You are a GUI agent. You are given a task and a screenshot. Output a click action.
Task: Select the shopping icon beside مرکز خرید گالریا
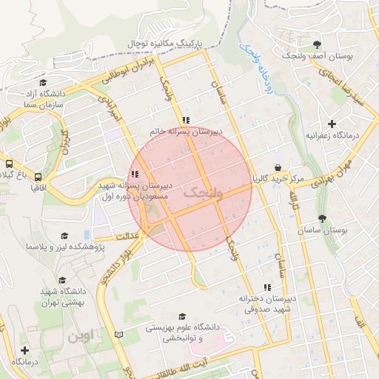click(x=277, y=168)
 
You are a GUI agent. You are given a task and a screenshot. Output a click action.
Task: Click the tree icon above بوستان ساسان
click(x=322, y=219)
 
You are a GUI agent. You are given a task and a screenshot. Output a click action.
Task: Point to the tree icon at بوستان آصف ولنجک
click(x=318, y=44)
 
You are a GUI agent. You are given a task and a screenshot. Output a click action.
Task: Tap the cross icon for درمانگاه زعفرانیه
click(x=332, y=124)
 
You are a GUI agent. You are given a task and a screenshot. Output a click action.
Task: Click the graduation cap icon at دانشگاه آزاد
click(x=43, y=83)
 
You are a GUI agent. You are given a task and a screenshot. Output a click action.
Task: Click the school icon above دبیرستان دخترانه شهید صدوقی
click(x=267, y=286)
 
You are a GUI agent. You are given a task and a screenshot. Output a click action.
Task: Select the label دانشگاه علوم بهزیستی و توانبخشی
click(x=183, y=331)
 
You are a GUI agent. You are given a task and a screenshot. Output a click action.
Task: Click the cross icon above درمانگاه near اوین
click(x=24, y=349)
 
